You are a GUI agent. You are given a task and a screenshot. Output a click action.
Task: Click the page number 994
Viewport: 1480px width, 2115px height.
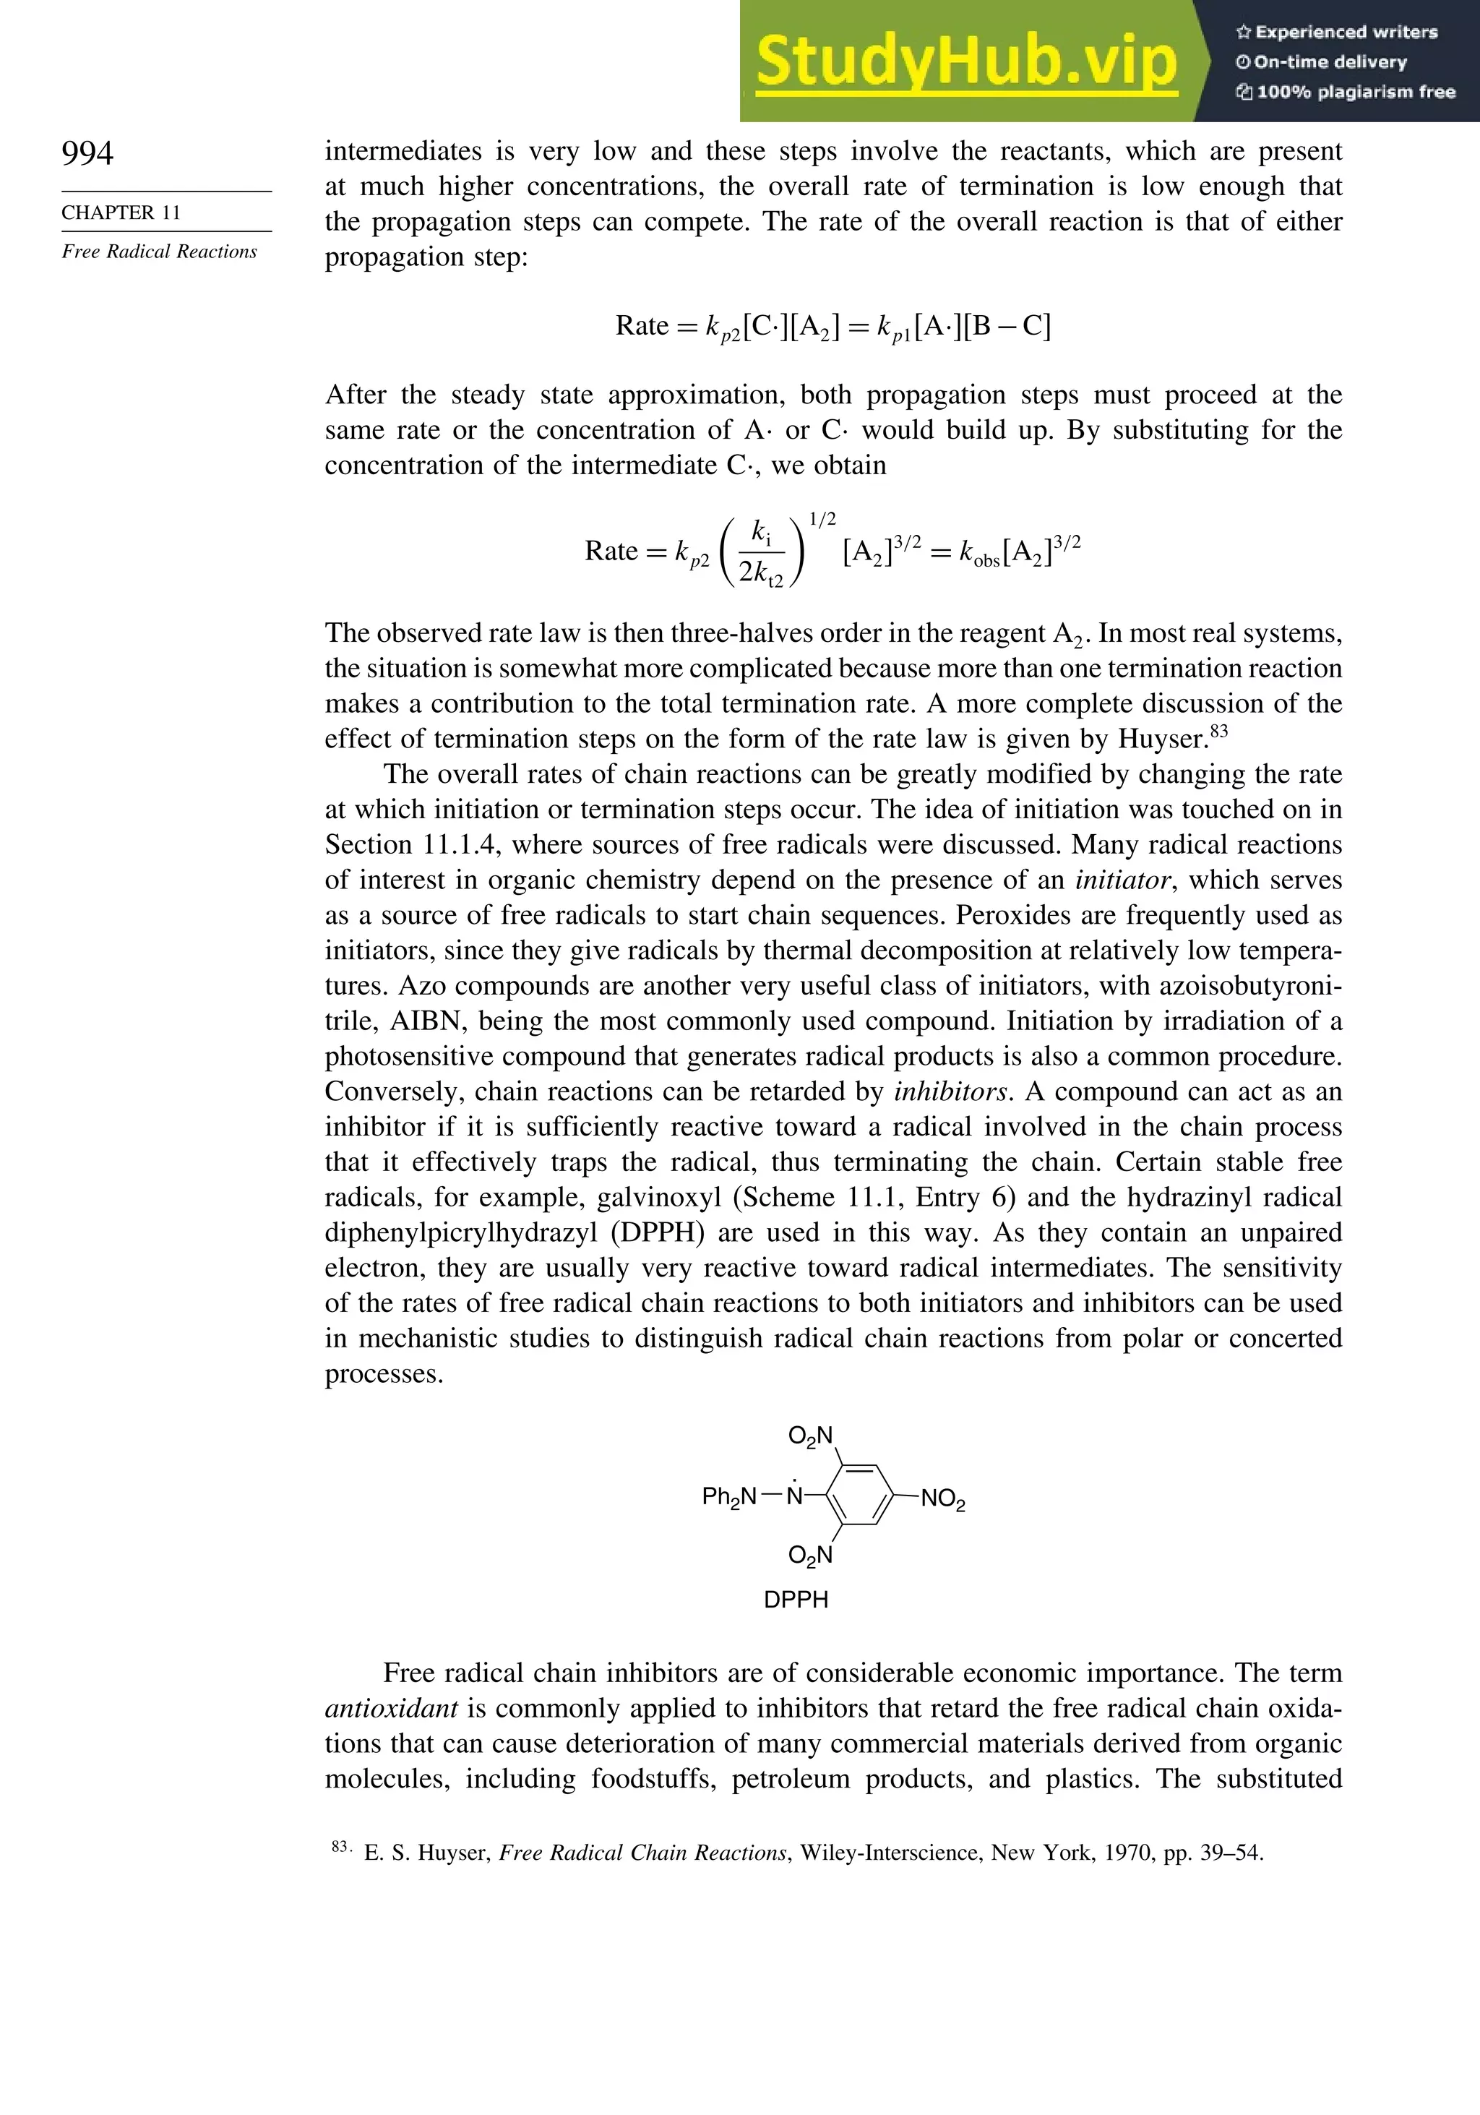click(87, 153)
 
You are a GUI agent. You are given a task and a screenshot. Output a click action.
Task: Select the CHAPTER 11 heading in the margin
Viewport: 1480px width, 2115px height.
click(121, 213)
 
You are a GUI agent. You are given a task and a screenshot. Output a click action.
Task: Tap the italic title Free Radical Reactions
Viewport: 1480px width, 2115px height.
click(159, 252)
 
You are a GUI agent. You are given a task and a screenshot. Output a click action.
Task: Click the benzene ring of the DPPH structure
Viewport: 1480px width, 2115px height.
click(859, 1497)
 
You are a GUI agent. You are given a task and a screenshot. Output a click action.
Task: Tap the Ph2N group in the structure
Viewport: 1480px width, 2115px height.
click(728, 1497)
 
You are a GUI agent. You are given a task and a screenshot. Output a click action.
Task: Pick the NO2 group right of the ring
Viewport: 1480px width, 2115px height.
click(943, 1500)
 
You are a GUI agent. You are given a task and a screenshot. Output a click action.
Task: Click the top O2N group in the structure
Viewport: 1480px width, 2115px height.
click(810, 1436)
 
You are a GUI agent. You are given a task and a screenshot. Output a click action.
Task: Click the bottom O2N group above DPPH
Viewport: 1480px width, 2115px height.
click(810, 1556)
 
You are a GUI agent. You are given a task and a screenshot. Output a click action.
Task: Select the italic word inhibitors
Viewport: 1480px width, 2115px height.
click(953, 1091)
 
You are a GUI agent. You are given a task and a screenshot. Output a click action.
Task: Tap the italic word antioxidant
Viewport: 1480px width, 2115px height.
click(392, 1709)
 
